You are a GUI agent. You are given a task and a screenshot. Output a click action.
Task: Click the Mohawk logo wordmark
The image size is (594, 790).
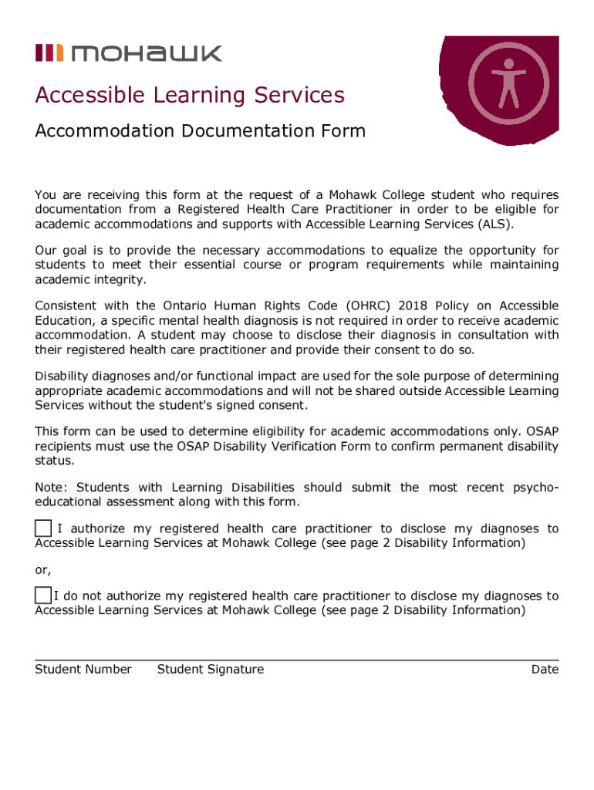(x=146, y=53)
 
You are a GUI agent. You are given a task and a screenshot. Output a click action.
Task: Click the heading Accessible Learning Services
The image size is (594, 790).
(x=190, y=96)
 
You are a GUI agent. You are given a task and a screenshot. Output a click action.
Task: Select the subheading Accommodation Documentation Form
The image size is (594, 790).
(x=200, y=131)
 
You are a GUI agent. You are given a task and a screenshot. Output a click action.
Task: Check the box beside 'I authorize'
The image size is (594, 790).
(x=43, y=528)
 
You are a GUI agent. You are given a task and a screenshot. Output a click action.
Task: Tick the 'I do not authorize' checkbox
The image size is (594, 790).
(x=43, y=596)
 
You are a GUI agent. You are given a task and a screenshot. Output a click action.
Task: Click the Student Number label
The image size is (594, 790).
(x=83, y=670)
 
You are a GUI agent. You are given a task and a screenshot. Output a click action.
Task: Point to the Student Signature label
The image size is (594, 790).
(x=210, y=670)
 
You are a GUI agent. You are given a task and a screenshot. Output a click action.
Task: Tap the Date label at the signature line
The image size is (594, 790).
(x=545, y=670)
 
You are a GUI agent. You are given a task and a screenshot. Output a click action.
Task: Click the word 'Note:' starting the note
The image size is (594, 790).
(x=52, y=488)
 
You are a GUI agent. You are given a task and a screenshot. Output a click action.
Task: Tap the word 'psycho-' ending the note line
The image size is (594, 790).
(x=535, y=488)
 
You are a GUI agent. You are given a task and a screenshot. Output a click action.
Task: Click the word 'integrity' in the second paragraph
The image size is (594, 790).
(x=120, y=279)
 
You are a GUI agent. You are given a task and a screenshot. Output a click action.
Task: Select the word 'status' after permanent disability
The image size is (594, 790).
(x=53, y=461)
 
